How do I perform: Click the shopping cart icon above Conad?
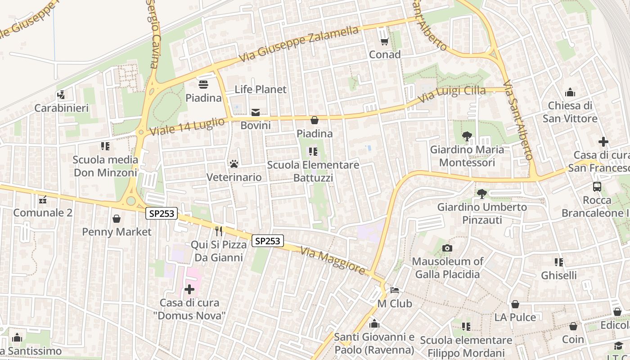pos(384,41)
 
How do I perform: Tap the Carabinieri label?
pos(62,108)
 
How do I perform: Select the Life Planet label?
pos(261,90)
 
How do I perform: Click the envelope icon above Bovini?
pos(256,112)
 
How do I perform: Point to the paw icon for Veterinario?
pos(234,164)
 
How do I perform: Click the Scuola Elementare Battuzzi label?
pos(313,171)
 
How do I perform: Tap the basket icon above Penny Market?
pos(117,219)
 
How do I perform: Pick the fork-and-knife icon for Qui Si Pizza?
pos(219,231)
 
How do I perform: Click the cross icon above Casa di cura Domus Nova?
pos(189,289)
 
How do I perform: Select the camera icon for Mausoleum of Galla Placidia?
pos(447,248)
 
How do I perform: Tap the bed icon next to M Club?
pos(395,290)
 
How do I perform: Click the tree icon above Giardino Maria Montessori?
pos(467,136)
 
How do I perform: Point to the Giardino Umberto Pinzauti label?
pos(482,214)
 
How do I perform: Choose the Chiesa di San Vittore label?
pos(570,112)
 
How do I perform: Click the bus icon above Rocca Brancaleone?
pos(597,186)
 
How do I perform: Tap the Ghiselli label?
pos(559,275)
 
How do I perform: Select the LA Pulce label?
pos(515,317)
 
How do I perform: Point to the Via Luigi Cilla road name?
pos(452,94)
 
